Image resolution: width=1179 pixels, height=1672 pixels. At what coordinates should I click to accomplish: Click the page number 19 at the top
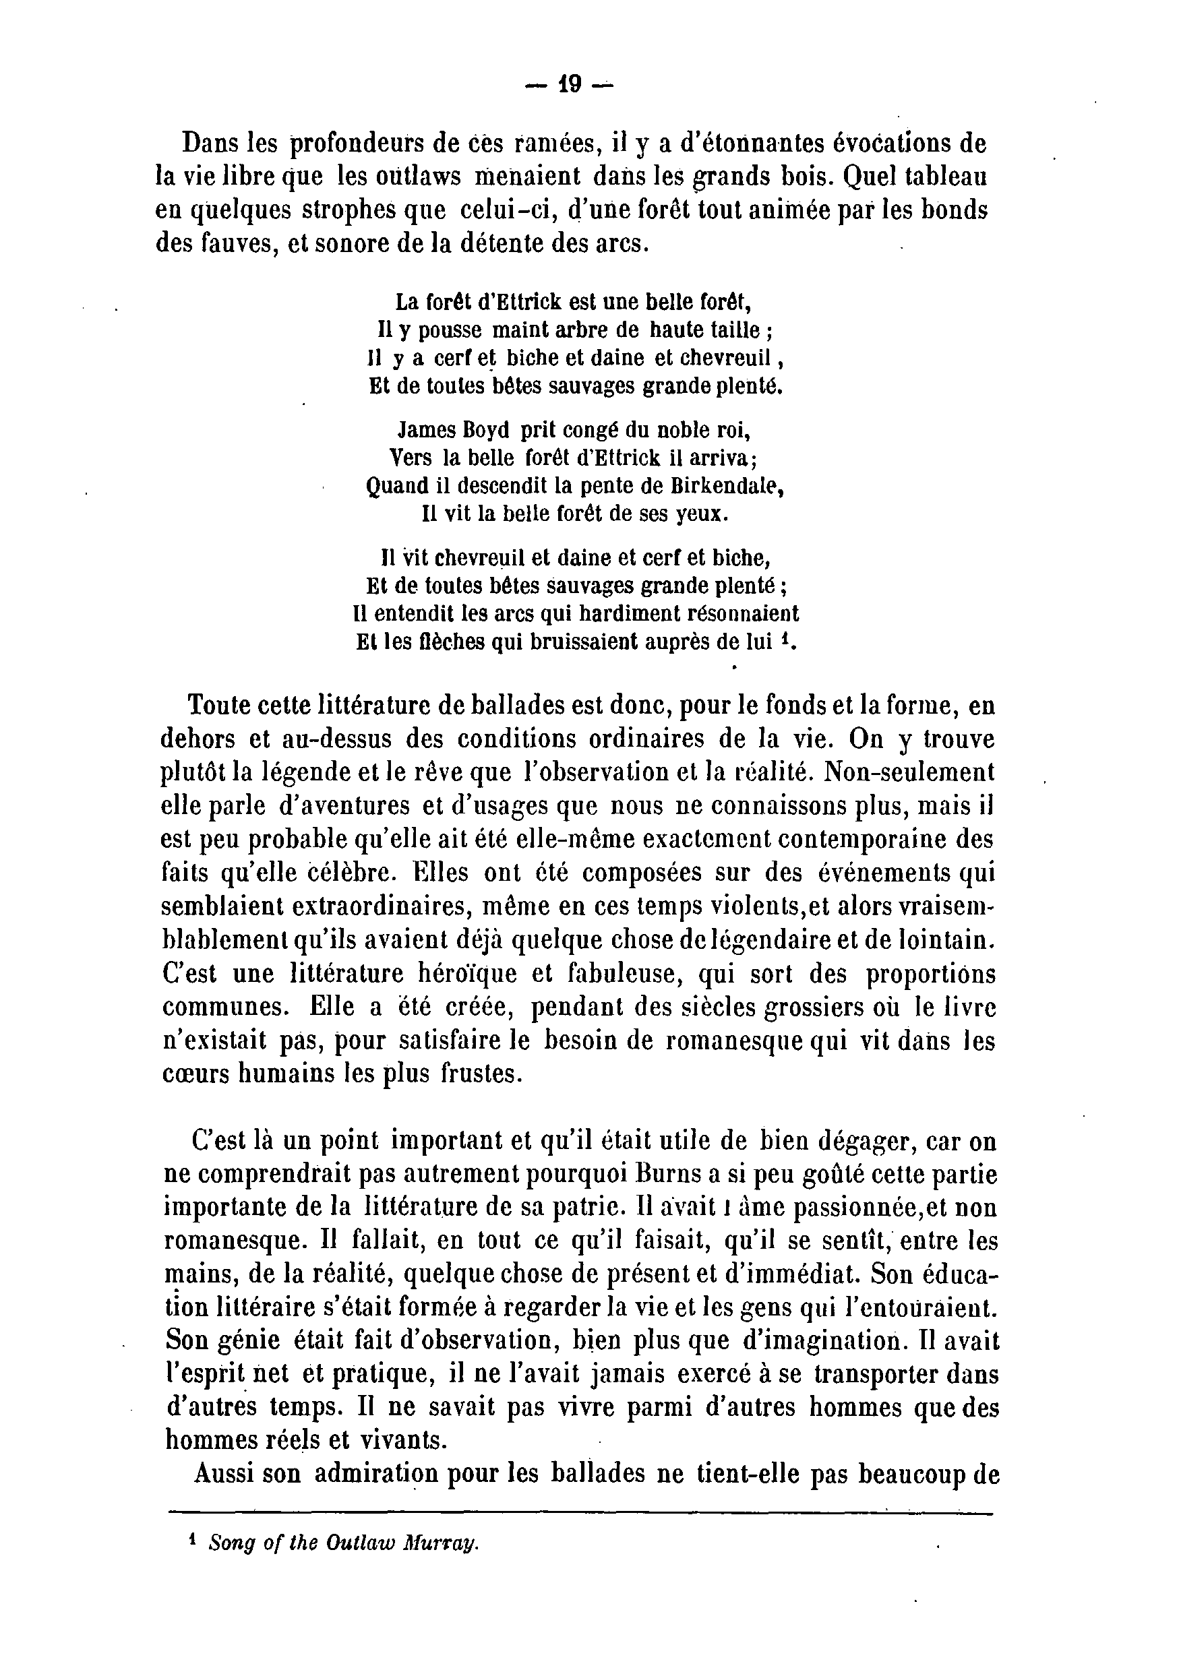[570, 85]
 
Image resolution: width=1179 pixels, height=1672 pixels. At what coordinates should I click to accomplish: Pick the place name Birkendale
[715, 486]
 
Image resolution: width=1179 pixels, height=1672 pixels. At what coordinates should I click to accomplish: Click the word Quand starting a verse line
[391, 487]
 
